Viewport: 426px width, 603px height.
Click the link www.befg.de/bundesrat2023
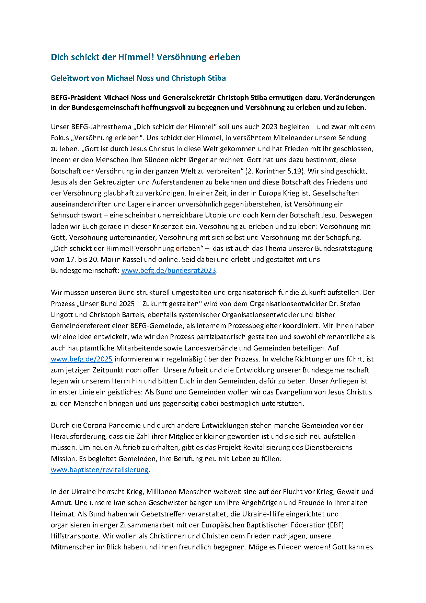point(169,270)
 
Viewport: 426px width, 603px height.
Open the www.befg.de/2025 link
point(81,359)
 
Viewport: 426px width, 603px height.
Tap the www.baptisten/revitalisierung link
point(100,470)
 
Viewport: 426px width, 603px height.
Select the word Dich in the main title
point(59,57)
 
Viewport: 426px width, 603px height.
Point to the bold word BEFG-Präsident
point(76,98)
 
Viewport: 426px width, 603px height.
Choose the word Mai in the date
point(106,259)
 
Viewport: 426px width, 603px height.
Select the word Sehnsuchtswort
point(76,215)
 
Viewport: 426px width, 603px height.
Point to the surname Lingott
point(62,315)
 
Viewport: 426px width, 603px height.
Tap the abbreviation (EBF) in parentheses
point(336,525)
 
